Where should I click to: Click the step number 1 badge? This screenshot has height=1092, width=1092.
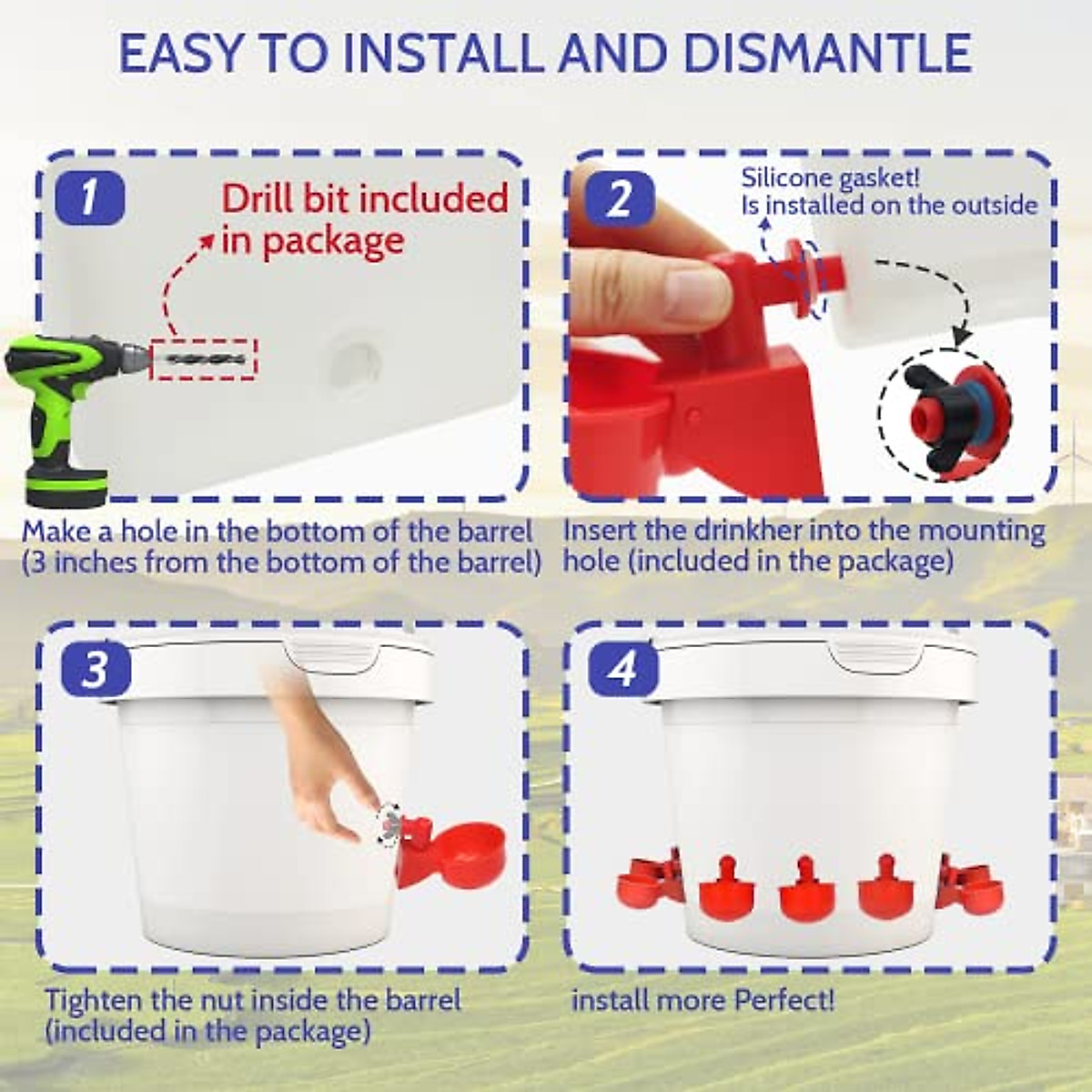pos(90,197)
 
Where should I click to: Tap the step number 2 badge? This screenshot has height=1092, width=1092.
pos(620,197)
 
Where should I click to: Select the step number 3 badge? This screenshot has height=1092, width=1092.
pos(96,669)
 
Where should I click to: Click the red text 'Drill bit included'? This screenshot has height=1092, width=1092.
pos(364,199)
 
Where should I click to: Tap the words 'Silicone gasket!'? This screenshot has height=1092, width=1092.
pos(831,178)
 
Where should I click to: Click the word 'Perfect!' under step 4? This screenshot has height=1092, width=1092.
pos(784,999)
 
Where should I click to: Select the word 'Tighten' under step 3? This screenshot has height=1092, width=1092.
pos(95,1000)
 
